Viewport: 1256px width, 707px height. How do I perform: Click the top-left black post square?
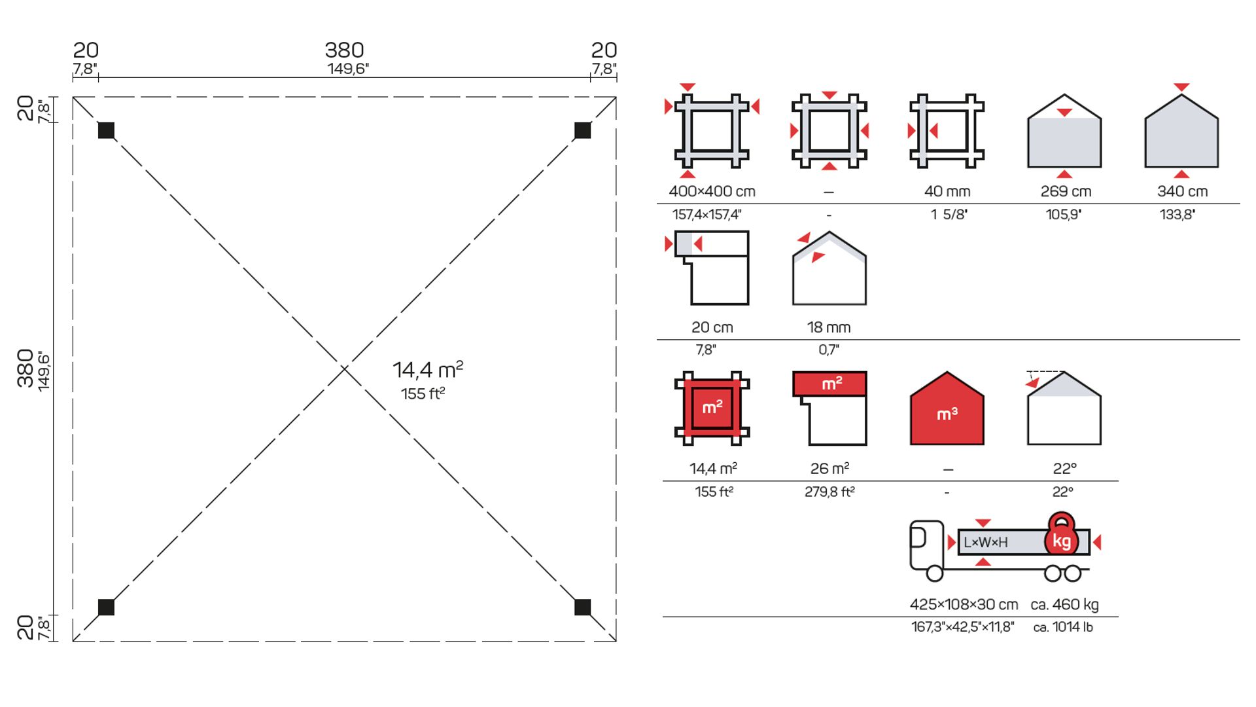coord(106,130)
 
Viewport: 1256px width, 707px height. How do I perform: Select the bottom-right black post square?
coord(582,607)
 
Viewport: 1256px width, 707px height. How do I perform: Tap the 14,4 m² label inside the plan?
coord(428,370)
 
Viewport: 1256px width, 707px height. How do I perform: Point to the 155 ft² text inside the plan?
coord(423,393)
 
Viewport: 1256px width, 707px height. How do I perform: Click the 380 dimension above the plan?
coord(344,50)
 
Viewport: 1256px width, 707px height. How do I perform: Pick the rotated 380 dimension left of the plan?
coord(25,368)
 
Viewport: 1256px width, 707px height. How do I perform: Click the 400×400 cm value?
coord(712,191)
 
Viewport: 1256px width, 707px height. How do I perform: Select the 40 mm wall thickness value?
coord(947,191)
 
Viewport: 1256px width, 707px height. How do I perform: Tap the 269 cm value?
coord(1066,191)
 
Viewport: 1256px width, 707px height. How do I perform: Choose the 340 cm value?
coord(1182,191)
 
